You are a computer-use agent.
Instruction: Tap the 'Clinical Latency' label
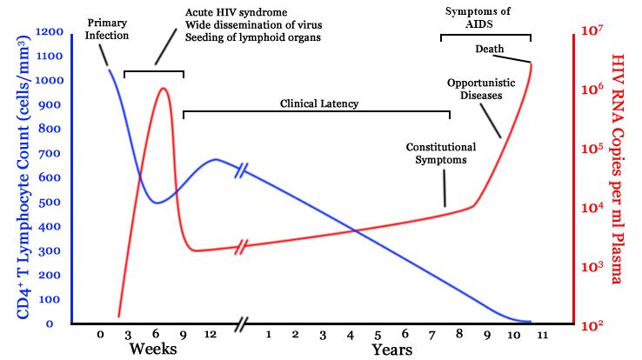[319, 103]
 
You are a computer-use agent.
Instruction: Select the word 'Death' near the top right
[489, 48]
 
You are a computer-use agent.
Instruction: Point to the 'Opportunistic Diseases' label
[476, 88]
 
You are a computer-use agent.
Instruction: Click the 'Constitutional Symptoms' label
[441, 153]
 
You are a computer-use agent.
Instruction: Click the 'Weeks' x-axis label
[153, 349]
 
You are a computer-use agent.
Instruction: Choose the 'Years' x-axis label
[391, 349]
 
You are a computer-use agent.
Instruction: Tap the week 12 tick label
[210, 334]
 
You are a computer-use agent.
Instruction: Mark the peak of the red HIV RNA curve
[162, 88]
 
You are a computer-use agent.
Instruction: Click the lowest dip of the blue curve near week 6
[157, 203]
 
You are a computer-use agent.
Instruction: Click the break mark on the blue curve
[241, 170]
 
